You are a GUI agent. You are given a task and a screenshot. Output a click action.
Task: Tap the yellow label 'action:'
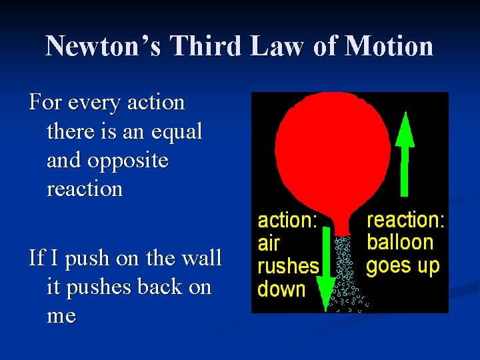(287, 221)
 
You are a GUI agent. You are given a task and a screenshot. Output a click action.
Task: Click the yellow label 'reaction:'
(405, 219)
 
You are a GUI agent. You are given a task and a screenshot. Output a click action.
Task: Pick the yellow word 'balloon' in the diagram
(400, 242)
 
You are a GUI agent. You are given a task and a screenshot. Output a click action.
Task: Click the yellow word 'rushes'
(288, 267)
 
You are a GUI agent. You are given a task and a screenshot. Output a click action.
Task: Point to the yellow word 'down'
(281, 289)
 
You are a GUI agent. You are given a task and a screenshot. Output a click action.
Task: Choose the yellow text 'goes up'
(403, 266)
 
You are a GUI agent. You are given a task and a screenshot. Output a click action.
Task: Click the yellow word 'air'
(269, 243)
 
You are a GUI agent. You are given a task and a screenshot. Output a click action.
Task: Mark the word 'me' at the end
(61, 315)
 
